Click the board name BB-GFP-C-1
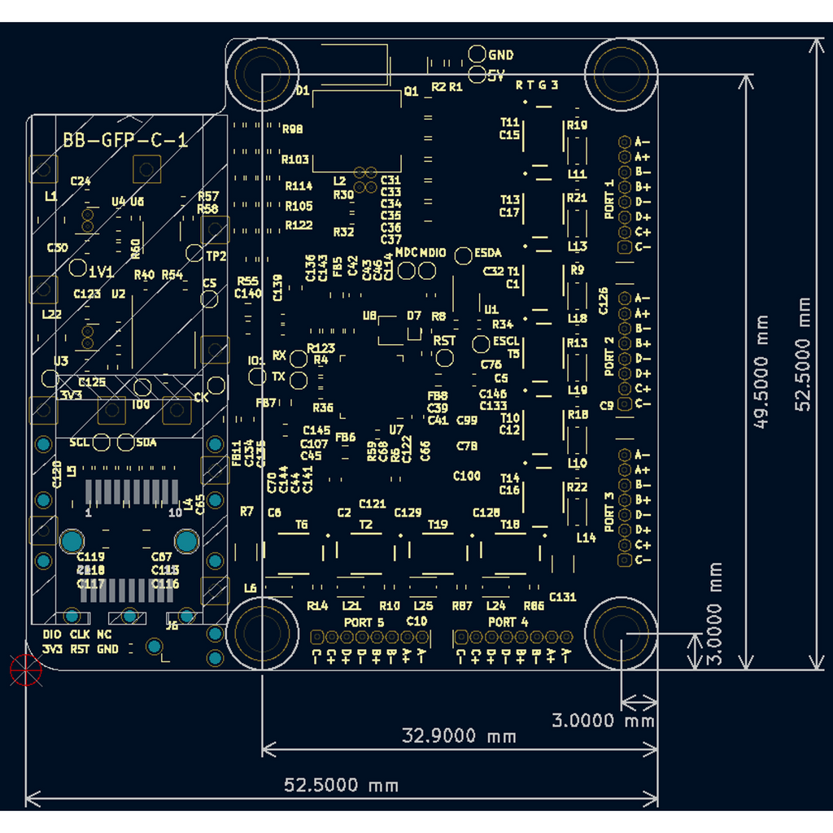pos(125,141)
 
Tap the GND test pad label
pos(501,55)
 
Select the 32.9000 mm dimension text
pos(460,736)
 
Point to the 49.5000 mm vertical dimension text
pos(762,373)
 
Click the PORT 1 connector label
pos(610,199)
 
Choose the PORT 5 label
pos(364,622)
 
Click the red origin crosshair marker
pos(24,669)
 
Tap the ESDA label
pos(488,253)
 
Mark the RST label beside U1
pos(444,341)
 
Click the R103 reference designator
pos(295,159)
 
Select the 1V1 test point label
pos(102,271)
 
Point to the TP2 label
pos(216,256)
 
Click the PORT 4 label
pos(508,622)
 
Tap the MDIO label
pos(433,253)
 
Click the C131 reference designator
pos(562,596)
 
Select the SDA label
pos(146,443)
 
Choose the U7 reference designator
pos(396,430)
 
